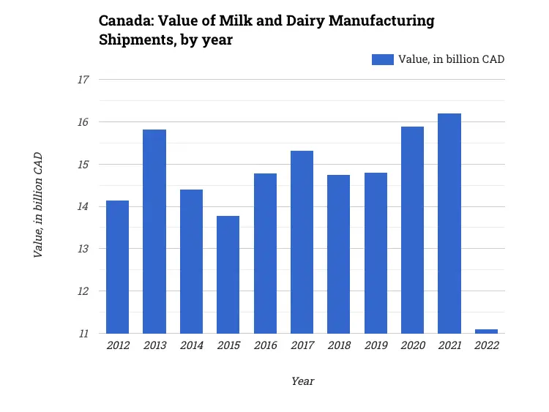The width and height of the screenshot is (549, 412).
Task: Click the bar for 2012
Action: coord(117,267)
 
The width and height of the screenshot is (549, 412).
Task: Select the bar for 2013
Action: coord(154,231)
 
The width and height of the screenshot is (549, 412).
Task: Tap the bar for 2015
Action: coord(228,274)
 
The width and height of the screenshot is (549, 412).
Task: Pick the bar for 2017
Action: coord(302,242)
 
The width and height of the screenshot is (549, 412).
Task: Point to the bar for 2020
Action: coord(412,230)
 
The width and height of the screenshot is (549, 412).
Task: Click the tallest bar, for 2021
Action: coord(449,223)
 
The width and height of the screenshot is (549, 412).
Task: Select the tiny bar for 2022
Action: coord(486,332)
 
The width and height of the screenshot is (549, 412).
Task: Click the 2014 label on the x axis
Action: coord(191,345)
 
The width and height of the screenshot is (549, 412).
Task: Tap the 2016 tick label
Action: coord(265,345)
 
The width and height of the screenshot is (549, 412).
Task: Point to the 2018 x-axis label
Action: coord(339,345)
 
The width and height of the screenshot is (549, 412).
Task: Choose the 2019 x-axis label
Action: coord(376,345)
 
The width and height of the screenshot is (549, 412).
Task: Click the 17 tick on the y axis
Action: coord(83,80)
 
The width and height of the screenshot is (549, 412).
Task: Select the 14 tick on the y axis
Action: coord(83,207)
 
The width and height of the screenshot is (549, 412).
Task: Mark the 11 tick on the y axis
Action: coord(83,334)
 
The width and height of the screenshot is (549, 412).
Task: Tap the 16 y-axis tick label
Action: coord(83,122)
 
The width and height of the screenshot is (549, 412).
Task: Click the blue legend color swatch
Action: coord(382,59)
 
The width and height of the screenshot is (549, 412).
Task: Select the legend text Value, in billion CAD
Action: coord(451,59)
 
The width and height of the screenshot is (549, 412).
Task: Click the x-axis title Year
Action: coord(302,381)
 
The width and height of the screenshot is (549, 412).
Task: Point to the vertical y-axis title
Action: coord(38,205)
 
